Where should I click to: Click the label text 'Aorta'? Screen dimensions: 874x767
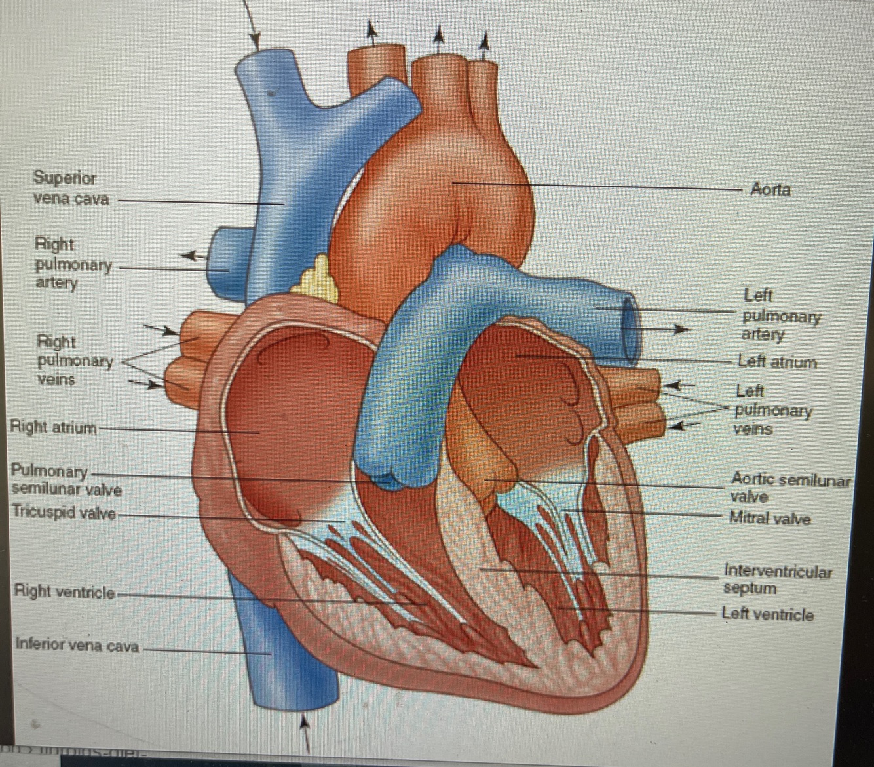[x=770, y=190]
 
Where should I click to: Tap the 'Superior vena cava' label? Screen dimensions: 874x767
[x=71, y=188]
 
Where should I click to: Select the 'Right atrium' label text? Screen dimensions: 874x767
[x=53, y=427]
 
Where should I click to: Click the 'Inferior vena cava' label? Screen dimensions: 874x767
[x=77, y=646]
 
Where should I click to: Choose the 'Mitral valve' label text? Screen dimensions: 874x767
[x=770, y=519]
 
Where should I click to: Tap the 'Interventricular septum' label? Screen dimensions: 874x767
[x=777, y=580]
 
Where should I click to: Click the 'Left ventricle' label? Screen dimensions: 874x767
[x=767, y=614]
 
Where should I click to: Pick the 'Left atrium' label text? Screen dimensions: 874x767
[x=777, y=362]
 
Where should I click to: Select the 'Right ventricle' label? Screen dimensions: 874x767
[x=64, y=592]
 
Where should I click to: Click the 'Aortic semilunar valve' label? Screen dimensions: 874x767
[x=789, y=488]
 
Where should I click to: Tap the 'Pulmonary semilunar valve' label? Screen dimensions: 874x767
[x=66, y=481]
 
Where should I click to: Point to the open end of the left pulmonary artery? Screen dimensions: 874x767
[x=630, y=329]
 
